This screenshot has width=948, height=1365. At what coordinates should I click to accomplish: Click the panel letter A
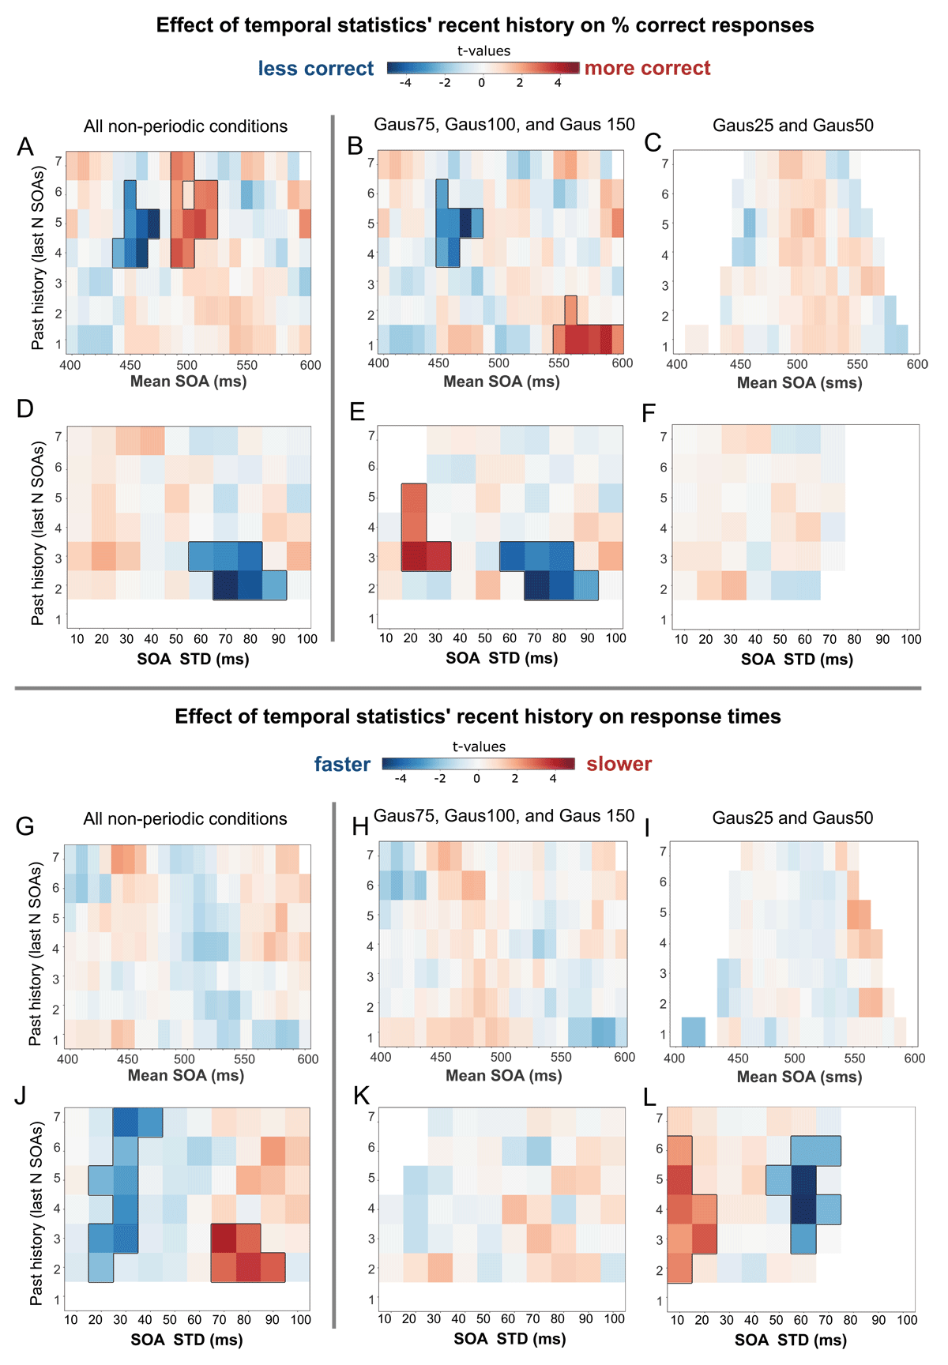pos(25,147)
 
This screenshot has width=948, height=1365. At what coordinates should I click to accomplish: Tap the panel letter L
pos(650,1097)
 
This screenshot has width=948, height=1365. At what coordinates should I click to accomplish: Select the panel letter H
pos(361,826)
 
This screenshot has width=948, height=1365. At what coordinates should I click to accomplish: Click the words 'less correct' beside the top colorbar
pos(315,69)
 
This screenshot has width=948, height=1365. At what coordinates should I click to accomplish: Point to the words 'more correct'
pos(647,69)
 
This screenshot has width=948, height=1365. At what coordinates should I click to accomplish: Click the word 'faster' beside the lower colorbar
pos(342,764)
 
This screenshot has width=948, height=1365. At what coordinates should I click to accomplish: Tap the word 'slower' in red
pos(619,764)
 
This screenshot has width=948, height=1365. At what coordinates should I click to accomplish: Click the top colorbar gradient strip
pos(483,68)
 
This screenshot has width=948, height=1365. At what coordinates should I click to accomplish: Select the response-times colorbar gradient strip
pos(478,763)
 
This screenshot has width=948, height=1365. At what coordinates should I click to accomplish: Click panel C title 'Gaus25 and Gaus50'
pos(792,126)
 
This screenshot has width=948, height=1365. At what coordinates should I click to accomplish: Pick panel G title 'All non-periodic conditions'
pos(185,819)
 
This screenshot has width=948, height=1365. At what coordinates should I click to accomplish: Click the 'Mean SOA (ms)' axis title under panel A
pos(188,382)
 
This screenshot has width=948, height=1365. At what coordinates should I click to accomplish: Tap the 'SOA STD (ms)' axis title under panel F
pos(796,660)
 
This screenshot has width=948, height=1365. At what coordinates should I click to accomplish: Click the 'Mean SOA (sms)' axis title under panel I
pos(799,1077)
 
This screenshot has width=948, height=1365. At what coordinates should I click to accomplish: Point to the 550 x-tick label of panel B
pos(559,363)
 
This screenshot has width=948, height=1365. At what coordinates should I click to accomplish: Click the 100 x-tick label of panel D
pos(307,639)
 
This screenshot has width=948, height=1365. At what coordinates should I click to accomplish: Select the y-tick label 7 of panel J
pos(57,1118)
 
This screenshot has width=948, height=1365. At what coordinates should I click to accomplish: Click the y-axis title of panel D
pos(37,533)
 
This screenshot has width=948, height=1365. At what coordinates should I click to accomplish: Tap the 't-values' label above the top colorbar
pos(483,51)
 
